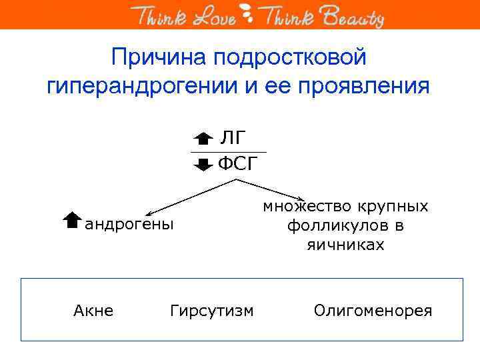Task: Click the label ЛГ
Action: point(233,138)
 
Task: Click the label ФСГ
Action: point(238,164)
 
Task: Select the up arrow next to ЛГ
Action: point(203,139)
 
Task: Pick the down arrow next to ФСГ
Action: point(203,164)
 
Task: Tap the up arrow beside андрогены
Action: point(71,221)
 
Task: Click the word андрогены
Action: point(129,224)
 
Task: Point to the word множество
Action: point(301,206)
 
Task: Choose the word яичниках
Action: point(345,245)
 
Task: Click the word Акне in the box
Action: point(93,311)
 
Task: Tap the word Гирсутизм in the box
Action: point(212,311)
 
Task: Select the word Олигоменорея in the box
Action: point(373,311)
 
